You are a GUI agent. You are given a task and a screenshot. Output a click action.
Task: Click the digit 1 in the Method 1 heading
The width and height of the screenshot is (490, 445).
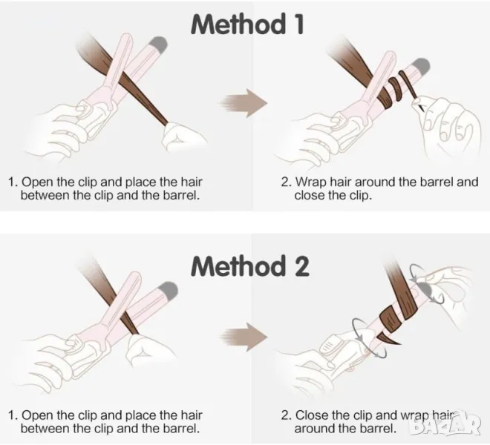click(x=298, y=24)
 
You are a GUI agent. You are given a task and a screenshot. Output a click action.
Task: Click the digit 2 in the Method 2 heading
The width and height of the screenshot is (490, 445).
click(x=301, y=266)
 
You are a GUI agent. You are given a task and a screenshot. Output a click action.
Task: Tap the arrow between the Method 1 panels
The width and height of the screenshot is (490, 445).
click(x=244, y=103)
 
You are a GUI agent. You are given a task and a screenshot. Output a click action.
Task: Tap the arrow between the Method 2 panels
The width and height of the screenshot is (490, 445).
click(x=244, y=337)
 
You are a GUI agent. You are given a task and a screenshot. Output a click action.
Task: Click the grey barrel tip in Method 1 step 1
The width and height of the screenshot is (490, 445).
click(x=158, y=44)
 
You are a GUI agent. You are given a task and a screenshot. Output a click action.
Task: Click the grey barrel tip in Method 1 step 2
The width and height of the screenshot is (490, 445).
click(x=420, y=67)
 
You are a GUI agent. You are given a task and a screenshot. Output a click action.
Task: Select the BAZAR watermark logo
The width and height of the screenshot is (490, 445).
click(x=445, y=426)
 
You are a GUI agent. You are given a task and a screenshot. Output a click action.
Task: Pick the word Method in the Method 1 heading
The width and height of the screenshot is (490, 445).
click(x=238, y=24)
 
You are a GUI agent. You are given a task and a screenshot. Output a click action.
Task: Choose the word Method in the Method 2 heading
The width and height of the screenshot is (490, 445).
click(x=238, y=266)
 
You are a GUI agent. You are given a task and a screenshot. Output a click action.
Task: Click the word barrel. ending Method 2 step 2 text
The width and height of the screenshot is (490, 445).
click(x=377, y=429)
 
